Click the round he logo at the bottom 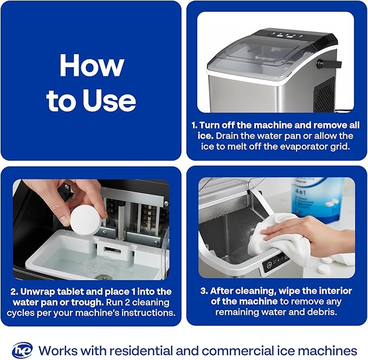22,350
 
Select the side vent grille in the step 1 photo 324,95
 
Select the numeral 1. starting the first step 194,125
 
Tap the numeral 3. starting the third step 214,291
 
